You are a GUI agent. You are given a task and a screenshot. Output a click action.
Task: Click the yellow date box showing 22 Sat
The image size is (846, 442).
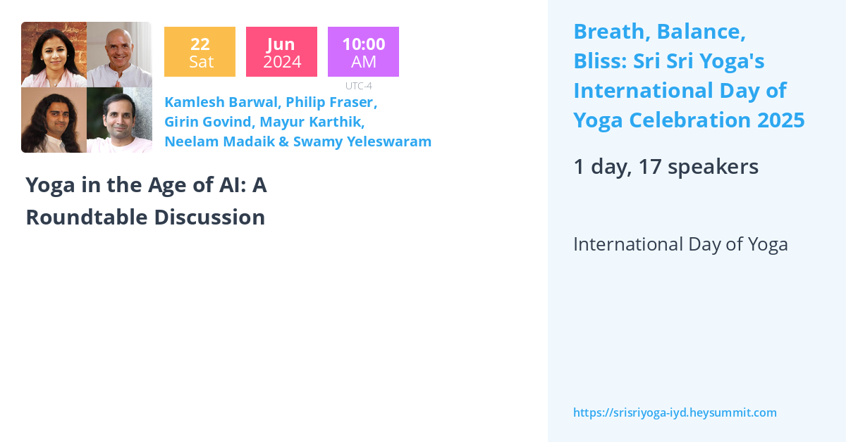tap(200, 52)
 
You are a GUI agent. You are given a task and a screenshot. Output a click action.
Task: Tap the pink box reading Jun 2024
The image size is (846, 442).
tap(281, 52)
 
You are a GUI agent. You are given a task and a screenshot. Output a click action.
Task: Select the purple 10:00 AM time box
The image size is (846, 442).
tap(363, 52)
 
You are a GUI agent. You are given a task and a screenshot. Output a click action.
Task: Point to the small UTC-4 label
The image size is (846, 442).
tap(358, 86)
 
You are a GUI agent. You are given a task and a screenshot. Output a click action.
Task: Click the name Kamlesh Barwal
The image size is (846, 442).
tap(220, 102)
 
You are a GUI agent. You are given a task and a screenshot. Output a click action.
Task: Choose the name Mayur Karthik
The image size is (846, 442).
tap(312, 122)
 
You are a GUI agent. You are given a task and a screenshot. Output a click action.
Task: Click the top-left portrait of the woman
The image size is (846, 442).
tap(54, 54)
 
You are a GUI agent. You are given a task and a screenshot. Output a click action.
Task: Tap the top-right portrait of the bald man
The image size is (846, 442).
tap(119, 54)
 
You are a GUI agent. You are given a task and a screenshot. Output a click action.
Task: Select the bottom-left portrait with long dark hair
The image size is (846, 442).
tap(54, 120)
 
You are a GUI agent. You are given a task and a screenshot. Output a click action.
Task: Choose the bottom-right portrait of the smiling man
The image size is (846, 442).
tap(119, 120)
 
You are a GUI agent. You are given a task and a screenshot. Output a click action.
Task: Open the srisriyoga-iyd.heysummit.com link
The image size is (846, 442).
tap(675, 412)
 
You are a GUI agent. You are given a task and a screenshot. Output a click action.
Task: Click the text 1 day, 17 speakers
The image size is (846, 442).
tap(666, 167)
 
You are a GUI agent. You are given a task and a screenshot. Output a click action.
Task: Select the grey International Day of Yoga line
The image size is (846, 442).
tap(680, 244)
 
